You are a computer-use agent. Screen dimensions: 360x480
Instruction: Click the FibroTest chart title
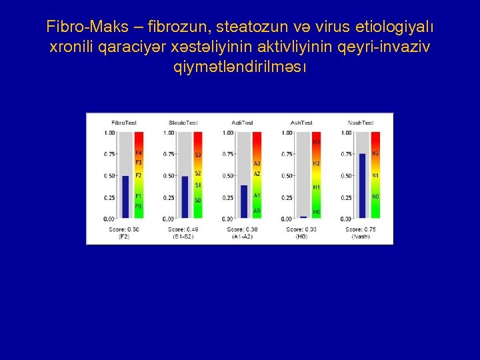click(x=124, y=123)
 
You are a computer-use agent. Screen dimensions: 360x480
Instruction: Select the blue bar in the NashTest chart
click(x=362, y=185)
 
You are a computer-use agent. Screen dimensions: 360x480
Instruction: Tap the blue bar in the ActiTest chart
click(x=244, y=201)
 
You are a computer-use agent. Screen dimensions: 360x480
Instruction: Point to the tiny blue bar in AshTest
click(x=303, y=217)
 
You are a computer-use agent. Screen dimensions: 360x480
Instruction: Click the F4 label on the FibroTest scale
click(x=138, y=154)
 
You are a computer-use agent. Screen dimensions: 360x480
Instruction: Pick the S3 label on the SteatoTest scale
click(x=197, y=155)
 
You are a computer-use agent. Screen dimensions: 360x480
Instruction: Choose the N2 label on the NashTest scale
click(x=375, y=154)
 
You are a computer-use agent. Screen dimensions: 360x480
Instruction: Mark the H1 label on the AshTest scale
click(x=316, y=187)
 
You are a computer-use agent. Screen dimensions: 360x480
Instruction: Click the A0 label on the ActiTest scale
click(x=257, y=211)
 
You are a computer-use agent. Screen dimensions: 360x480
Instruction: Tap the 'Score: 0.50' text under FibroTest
click(x=124, y=229)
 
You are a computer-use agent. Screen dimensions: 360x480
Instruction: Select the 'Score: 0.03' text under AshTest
click(x=301, y=229)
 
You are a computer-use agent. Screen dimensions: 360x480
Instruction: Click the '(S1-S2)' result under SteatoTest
click(x=183, y=237)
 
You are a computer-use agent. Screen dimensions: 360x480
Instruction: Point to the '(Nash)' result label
click(x=361, y=237)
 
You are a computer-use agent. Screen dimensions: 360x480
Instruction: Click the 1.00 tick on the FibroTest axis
click(x=109, y=133)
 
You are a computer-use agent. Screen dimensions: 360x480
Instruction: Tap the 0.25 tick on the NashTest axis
click(x=346, y=197)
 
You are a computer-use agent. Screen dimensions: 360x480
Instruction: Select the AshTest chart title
click(x=301, y=123)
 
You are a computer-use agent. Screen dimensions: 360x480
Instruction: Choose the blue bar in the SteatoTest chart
click(x=185, y=197)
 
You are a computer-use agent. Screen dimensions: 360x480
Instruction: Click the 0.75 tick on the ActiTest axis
click(x=228, y=154)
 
